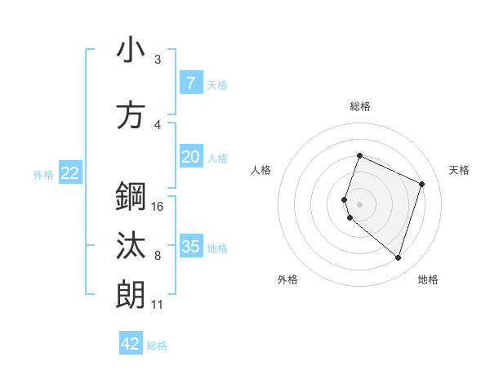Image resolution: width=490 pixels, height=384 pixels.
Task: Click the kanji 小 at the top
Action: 131,51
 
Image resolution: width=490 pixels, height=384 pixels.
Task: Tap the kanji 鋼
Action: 131,197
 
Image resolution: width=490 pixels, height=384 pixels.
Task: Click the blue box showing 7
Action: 190,83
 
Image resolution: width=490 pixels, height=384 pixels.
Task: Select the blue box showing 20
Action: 190,158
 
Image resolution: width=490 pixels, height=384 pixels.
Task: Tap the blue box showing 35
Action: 190,247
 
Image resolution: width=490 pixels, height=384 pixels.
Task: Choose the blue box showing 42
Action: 131,344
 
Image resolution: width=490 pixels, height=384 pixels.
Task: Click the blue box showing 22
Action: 69,173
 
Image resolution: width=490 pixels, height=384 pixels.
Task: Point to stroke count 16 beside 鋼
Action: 158,207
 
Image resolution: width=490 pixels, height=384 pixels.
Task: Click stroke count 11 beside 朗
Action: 157,305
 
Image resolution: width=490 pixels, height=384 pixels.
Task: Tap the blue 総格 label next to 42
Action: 157,346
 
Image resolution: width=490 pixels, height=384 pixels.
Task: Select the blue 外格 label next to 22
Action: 42,174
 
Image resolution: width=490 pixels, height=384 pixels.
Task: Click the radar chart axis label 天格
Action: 459,170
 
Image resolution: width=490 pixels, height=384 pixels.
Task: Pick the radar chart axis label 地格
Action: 428,279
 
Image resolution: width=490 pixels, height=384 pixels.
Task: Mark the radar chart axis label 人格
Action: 261,170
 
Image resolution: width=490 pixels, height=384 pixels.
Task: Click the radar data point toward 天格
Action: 422,184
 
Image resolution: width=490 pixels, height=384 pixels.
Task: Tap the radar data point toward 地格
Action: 398,258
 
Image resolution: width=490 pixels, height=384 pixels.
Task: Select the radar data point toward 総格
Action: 359,156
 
